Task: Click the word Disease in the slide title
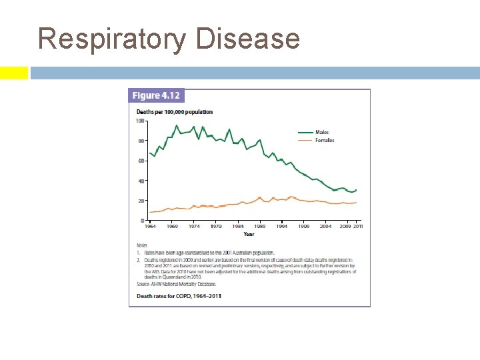point(247,39)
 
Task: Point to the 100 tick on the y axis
point(140,121)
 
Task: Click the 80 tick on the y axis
point(141,141)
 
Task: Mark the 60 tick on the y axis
point(141,161)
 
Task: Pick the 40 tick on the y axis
point(141,181)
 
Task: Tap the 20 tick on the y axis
point(141,201)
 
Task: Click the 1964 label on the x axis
point(151,227)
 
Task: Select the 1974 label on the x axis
point(194,227)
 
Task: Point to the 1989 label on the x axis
point(259,227)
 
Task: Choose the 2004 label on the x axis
point(325,227)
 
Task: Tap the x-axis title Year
point(249,234)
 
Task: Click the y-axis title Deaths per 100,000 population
point(175,111)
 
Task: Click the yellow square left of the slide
point(13,73)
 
